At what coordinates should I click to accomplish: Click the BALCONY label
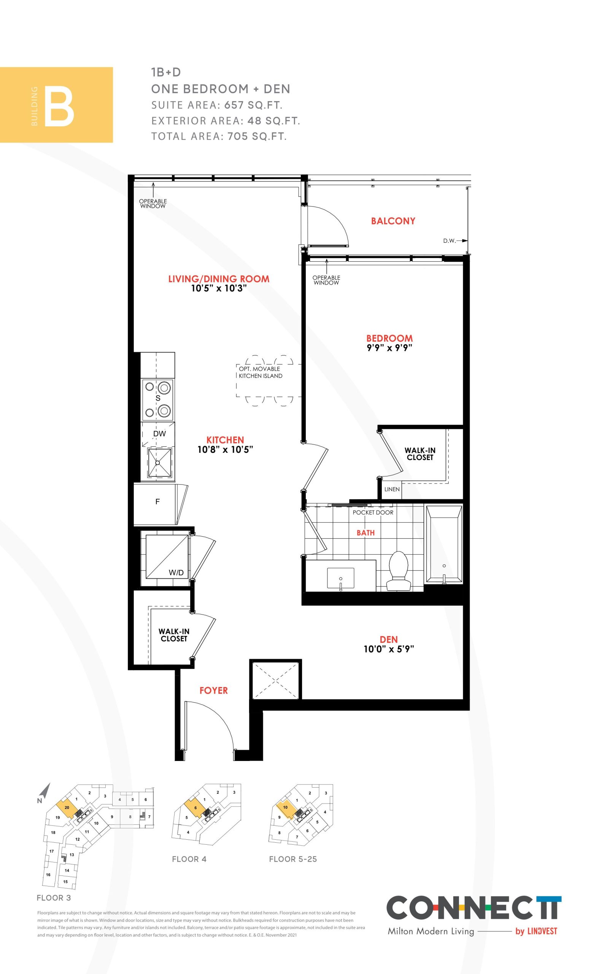[393, 221]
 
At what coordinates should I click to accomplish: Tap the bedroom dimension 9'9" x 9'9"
[389, 348]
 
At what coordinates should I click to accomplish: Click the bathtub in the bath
[444, 544]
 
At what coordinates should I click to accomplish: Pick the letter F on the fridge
[157, 502]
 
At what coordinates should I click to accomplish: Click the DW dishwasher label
[160, 434]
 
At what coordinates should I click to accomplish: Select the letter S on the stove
[158, 398]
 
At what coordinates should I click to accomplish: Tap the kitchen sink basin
[159, 462]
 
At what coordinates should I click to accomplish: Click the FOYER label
[213, 691]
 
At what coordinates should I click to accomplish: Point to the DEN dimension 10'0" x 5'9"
[389, 649]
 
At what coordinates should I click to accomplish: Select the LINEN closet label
[392, 489]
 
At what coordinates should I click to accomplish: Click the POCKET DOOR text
[373, 512]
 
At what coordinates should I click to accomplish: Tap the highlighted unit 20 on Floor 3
[67, 808]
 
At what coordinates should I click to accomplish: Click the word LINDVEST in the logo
[542, 931]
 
